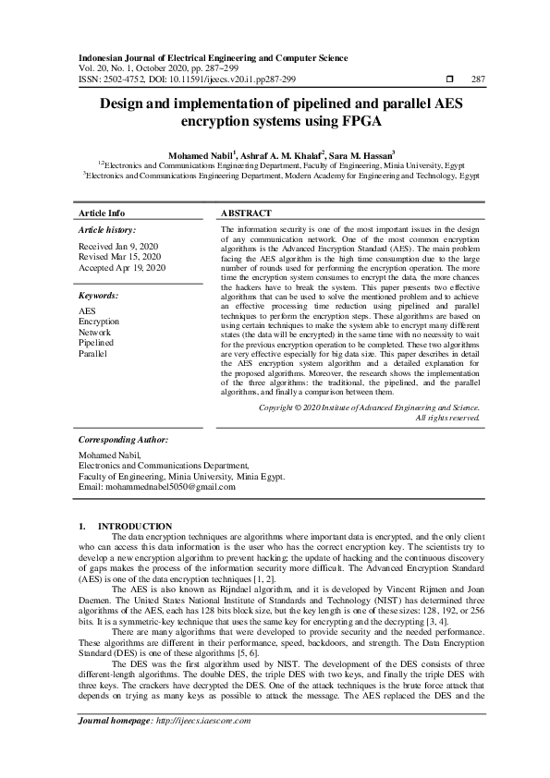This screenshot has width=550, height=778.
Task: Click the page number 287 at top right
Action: (x=478, y=79)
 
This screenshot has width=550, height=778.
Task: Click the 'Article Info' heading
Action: (x=102, y=213)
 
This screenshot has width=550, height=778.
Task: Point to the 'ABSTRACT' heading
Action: (x=246, y=213)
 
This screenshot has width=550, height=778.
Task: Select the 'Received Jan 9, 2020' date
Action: (x=118, y=247)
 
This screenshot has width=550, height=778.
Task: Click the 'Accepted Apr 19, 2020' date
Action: (x=122, y=267)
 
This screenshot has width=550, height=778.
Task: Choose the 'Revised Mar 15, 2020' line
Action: (x=120, y=257)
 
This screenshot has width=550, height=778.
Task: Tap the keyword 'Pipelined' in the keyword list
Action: (x=97, y=343)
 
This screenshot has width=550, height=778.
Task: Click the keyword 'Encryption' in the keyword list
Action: (x=99, y=322)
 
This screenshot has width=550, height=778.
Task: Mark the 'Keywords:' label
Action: (x=99, y=296)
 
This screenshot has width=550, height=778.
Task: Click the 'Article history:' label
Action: (x=107, y=229)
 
